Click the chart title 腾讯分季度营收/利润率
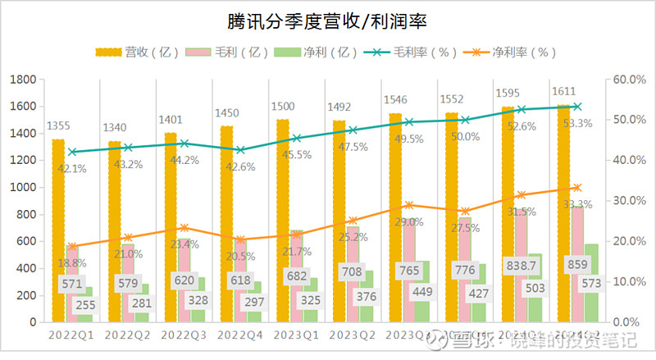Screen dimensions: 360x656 point(327,20)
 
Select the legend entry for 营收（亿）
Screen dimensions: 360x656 point(130,52)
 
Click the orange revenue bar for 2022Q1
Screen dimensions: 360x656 point(58,230)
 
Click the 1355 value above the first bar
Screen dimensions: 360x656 point(57,126)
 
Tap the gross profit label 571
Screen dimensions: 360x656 point(71,285)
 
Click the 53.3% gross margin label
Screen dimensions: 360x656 point(579,123)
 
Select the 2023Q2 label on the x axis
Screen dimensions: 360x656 point(353,336)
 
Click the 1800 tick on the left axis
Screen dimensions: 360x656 point(24,80)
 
